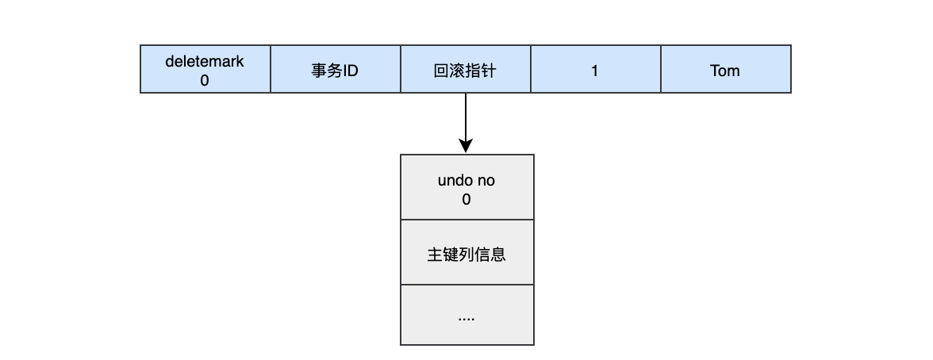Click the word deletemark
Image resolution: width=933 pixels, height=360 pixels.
[x=205, y=61]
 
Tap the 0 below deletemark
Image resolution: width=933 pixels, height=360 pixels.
[x=205, y=80]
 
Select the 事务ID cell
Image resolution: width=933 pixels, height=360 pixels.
[x=335, y=70]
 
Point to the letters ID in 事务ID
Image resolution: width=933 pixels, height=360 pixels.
[x=351, y=71]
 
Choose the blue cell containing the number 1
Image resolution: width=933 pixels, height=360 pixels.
[x=595, y=70]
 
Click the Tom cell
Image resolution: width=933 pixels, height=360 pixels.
[x=725, y=70]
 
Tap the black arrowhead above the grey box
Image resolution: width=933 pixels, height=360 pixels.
[x=466, y=146]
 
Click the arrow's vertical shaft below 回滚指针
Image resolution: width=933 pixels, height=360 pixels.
[x=466, y=115]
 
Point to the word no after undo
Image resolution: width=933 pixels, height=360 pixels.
[x=486, y=181]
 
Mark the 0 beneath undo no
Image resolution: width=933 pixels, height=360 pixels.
[x=466, y=200]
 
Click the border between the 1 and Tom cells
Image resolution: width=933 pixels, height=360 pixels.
[x=660, y=70]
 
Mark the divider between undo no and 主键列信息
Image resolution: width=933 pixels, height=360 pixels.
[x=466, y=220]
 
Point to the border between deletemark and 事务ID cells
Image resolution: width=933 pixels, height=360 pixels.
[x=271, y=70]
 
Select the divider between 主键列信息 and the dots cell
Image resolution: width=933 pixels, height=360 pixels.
[x=466, y=285]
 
